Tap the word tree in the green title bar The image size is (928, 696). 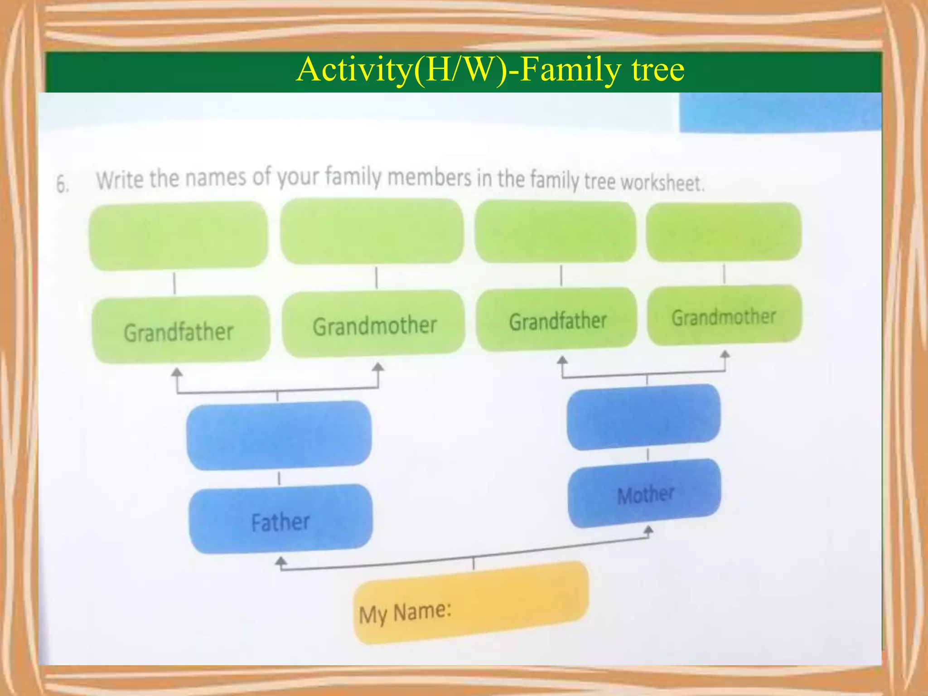(657, 70)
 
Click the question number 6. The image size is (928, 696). (63, 184)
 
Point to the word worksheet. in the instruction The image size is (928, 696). (662, 183)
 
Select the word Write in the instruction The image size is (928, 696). (120, 179)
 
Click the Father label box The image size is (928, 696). (280, 519)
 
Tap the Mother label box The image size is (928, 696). (644, 493)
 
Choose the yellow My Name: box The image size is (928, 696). (470, 603)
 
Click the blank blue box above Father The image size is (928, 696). (279, 435)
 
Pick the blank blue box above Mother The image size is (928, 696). (643, 417)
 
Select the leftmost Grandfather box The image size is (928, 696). (180, 330)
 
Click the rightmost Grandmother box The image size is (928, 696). (724, 316)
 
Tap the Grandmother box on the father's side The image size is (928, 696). (374, 324)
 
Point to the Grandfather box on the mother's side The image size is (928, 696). (557, 320)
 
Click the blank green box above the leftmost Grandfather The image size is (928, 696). (179, 236)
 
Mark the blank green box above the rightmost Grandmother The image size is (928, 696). (724, 232)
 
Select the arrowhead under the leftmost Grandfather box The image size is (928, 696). (177, 373)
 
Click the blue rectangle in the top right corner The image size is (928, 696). (780, 112)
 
